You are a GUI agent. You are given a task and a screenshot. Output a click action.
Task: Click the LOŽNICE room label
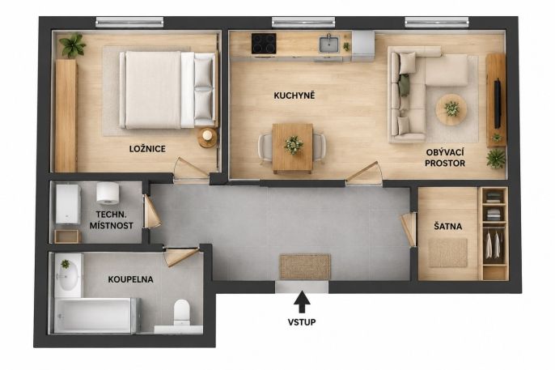coord(147,149)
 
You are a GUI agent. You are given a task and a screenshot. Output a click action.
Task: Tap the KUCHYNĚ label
coord(294,96)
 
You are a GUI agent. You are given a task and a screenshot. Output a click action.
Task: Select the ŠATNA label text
coord(447,226)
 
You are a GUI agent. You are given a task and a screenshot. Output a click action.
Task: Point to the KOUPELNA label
coord(130,279)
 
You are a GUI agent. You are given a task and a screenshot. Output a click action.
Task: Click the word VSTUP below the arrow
coord(302,322)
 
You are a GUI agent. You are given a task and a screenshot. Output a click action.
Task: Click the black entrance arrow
coord(302,302)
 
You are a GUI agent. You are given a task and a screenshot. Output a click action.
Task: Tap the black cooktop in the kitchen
coord(264,44)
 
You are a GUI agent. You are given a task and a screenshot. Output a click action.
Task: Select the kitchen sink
coord(328,45)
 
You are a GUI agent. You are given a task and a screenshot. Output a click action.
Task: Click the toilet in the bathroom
coord(182,313)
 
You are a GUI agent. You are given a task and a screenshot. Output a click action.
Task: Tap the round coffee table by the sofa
coord(451,110)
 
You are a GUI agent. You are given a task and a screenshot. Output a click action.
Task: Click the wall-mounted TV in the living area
coord(498,103)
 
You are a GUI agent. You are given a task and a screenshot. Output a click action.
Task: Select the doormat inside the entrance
coord(306,266)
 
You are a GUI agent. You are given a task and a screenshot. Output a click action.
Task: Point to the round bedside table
coord(207,137)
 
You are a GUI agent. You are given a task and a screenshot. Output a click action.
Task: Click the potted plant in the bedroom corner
coord(73,45)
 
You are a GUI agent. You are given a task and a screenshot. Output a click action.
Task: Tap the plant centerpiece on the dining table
coord(294,145)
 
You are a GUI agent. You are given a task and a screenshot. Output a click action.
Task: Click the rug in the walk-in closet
coord(447,253)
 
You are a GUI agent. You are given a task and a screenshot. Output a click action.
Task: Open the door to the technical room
coord(151,211)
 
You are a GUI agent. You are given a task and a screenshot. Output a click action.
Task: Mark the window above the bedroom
coord(129,23)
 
